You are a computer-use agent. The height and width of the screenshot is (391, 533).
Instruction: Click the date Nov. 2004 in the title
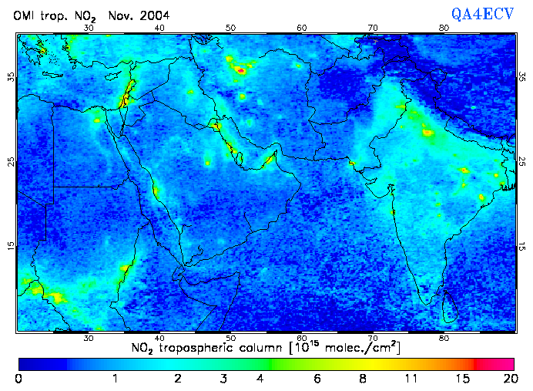141,15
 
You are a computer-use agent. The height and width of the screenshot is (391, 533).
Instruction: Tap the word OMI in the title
25,15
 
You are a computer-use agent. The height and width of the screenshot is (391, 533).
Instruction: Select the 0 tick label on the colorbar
18,378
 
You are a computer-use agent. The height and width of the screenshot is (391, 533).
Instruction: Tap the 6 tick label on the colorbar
317,378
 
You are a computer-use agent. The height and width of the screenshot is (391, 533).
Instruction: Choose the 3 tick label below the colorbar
222,378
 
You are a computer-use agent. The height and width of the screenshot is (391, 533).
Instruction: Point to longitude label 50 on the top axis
230,28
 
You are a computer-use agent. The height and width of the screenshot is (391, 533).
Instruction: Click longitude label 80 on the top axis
444,28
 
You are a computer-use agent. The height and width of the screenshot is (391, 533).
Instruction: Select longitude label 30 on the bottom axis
89,338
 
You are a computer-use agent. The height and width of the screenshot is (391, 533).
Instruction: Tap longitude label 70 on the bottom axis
373,338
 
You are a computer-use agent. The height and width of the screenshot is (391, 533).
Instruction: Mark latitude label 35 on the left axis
10,76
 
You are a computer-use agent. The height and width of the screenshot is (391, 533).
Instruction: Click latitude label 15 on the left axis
10,246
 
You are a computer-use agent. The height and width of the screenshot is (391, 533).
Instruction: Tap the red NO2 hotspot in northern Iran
240,70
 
